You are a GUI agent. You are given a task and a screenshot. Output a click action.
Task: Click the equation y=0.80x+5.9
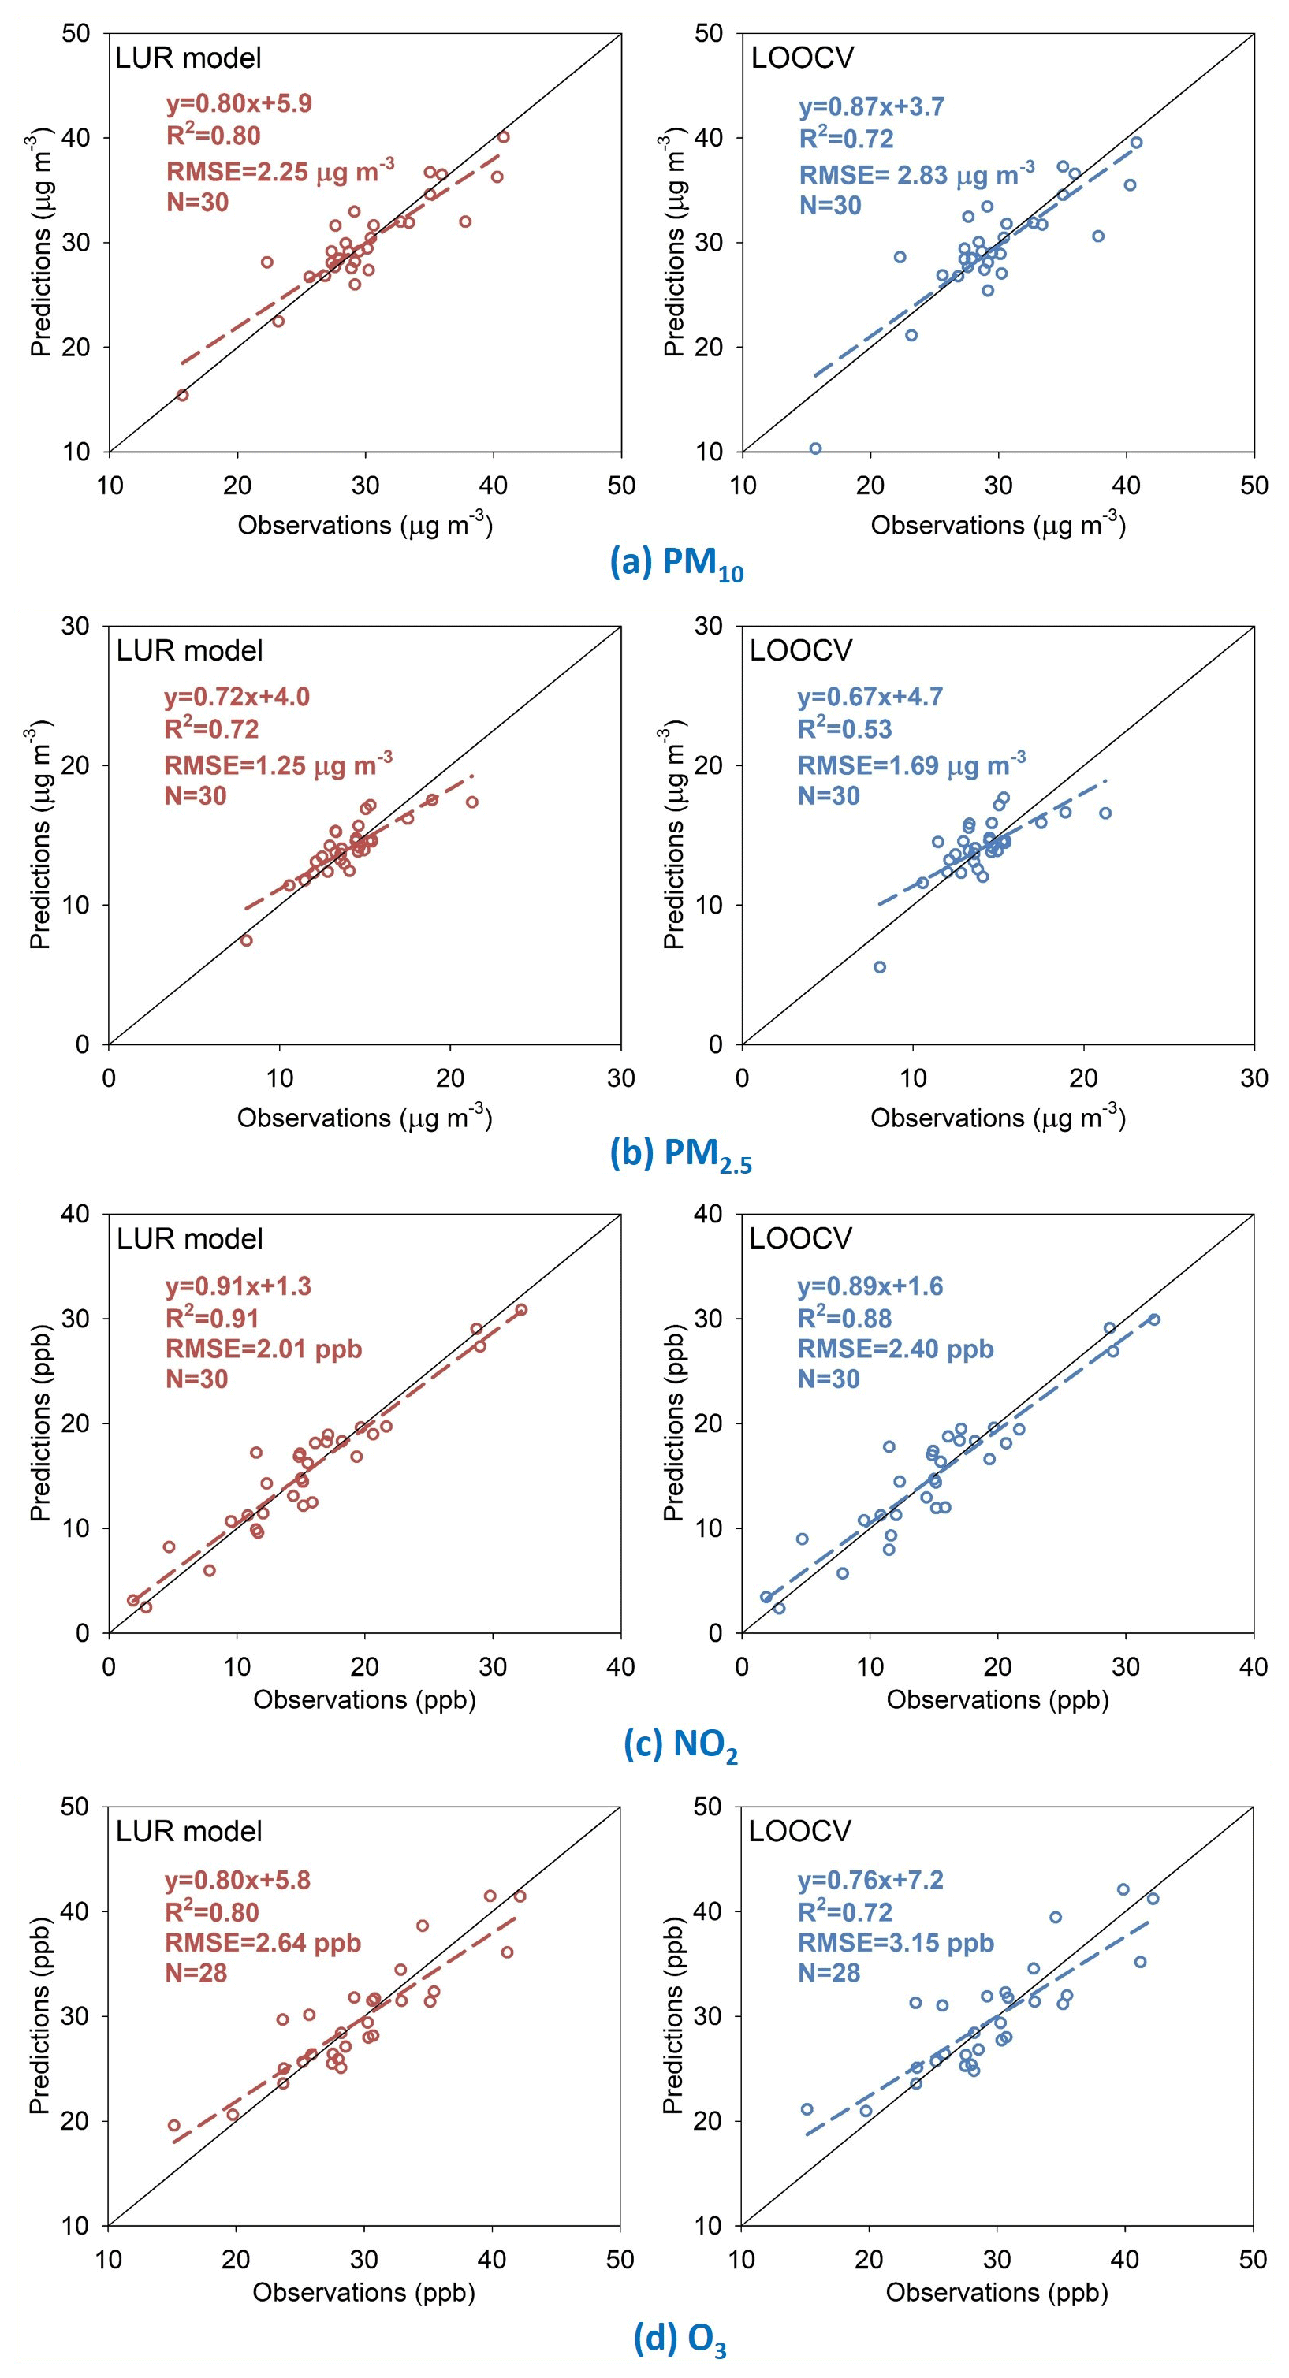225,103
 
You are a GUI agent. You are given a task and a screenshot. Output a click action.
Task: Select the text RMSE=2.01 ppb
263,1349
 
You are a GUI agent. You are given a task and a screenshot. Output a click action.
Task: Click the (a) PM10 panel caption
676,563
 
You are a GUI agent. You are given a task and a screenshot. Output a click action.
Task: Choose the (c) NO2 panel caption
680,1745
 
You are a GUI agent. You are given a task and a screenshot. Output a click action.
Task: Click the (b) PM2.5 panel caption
680,1155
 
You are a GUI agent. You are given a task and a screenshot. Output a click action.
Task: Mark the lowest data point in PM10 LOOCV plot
815,448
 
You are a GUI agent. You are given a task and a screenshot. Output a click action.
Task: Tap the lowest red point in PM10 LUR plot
183,395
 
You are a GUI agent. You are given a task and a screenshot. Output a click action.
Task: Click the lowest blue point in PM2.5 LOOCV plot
880,967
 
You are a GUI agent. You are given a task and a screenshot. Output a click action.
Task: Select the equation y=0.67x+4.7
870,697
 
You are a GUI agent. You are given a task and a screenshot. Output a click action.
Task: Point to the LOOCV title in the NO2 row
800,1238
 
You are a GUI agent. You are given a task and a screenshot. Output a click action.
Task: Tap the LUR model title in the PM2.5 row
189,651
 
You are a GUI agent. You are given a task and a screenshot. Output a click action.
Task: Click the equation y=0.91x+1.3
237,1286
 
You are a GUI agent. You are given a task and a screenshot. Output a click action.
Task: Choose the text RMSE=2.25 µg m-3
280,170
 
